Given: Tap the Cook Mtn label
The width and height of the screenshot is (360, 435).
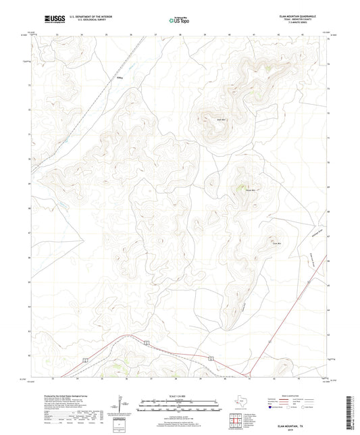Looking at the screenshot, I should pos(276,242).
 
